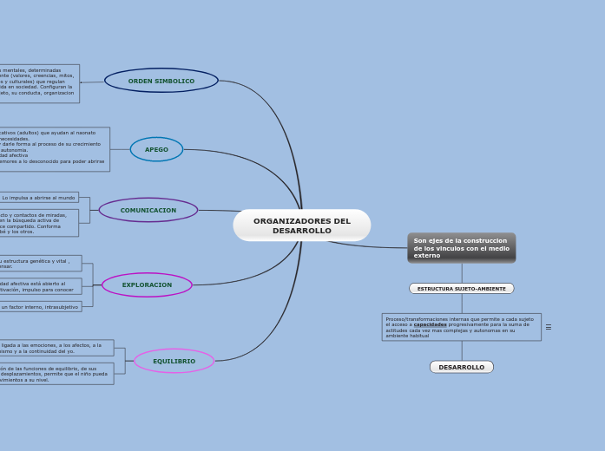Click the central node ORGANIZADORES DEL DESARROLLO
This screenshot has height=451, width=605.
click(x=301, y=225)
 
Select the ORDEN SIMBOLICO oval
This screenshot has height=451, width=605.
click(x=161, y=81)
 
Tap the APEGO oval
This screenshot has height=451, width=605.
click(x=156, y=149)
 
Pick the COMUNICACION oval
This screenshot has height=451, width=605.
click(x=148, y=210)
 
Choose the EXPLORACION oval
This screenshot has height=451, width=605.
click(x=147, y=284)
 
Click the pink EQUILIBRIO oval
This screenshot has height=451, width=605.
click(x=174, y=361)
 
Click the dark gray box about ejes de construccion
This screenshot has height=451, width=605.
click(x=461, y=247)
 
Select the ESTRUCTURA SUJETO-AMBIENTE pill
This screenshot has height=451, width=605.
click(x=461, y=289)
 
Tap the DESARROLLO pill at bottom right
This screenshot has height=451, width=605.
click(x=461, y=367)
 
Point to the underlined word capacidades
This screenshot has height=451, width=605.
click(x=430, y=324)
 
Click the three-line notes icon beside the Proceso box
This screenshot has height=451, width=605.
click(x=548, y=327)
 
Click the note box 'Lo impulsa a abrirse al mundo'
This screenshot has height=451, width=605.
click(x=38, y=198)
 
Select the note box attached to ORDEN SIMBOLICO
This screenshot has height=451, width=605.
click(x=39, y=84)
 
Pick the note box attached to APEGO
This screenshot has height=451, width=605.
click(x=54, y=149)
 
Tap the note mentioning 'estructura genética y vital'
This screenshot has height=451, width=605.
click(x=40, y=263)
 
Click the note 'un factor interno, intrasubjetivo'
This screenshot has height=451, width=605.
click(x=40, y=307)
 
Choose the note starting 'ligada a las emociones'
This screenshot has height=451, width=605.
click(x=56, y=348)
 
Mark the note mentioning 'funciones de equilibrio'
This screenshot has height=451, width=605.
click(x=56, y=374)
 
